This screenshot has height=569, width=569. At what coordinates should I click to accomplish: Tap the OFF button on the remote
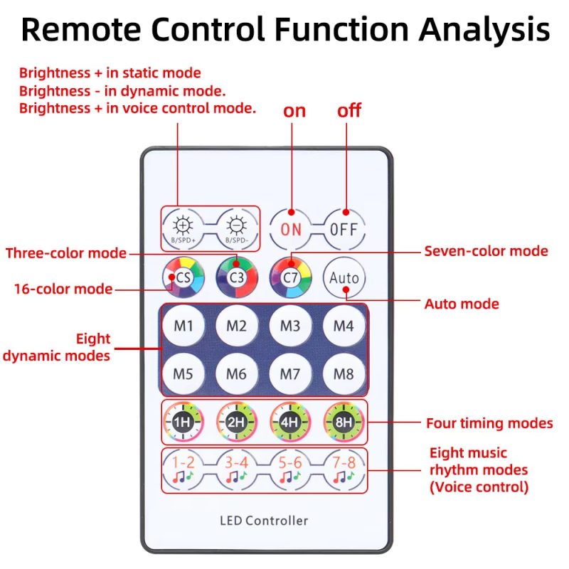tap(344, 229)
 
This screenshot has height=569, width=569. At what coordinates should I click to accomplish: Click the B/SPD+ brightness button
tap(184, 229)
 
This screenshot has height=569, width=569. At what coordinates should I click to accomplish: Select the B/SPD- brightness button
tap(237, 229)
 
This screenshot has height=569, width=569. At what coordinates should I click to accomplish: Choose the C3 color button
tap(237, 277)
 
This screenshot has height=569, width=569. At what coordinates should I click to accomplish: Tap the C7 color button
tap(290, 277)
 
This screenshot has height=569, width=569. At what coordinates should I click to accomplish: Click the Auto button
tap(344, 277)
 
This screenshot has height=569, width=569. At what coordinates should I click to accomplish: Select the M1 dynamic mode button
tap(184, 326)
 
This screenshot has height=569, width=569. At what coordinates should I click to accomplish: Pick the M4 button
tap(344, 326)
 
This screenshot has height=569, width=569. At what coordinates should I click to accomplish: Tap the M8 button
tap(344, 374)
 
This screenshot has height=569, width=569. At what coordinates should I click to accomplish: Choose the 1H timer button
tap(184, 422)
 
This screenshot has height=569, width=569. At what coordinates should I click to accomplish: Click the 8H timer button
tap(344, 422)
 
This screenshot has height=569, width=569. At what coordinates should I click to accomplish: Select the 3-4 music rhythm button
tap(237, 470)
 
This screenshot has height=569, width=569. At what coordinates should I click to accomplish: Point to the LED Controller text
tap(264, 521)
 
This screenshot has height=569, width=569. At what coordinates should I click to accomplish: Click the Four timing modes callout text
tap(489, 423)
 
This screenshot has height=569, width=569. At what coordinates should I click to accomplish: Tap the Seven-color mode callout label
tap(486, 251)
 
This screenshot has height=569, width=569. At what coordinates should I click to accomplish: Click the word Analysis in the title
tap(484, 30)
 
